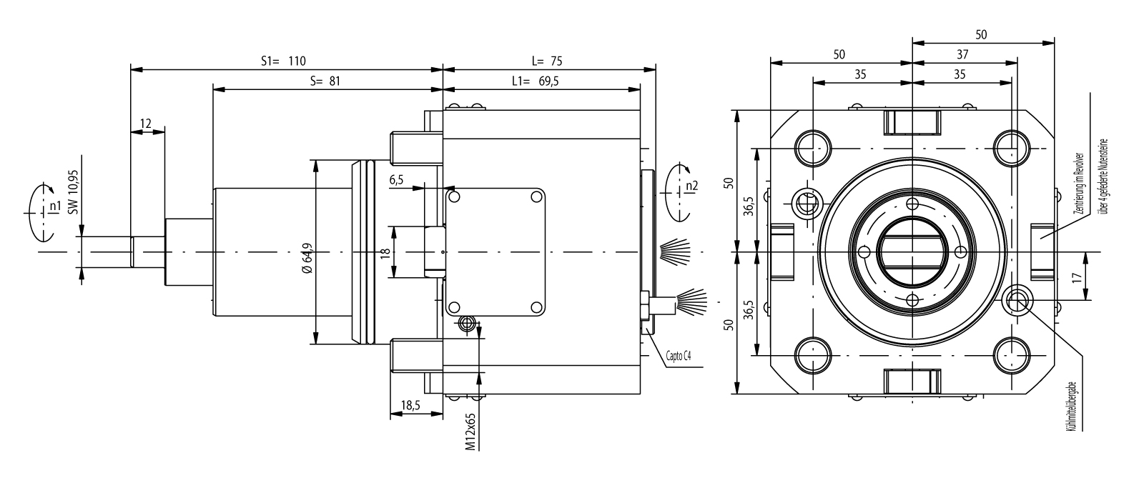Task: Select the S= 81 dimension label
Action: (x=325, y=81)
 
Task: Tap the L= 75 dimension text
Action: (x=548, y=61)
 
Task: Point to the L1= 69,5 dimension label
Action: (x=536, y=81)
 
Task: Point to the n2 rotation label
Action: (x=691, y=186)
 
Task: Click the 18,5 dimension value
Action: (x=410, y=405)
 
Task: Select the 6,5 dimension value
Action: (x=397, y=180)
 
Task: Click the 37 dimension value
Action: (x=962, y=54)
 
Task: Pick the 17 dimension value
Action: (x=1097, y=277)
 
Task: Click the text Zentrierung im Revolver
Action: (x=1084, y=184)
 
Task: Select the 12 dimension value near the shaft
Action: (x=146, y=124)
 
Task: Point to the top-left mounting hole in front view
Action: (x=813, y=148)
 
